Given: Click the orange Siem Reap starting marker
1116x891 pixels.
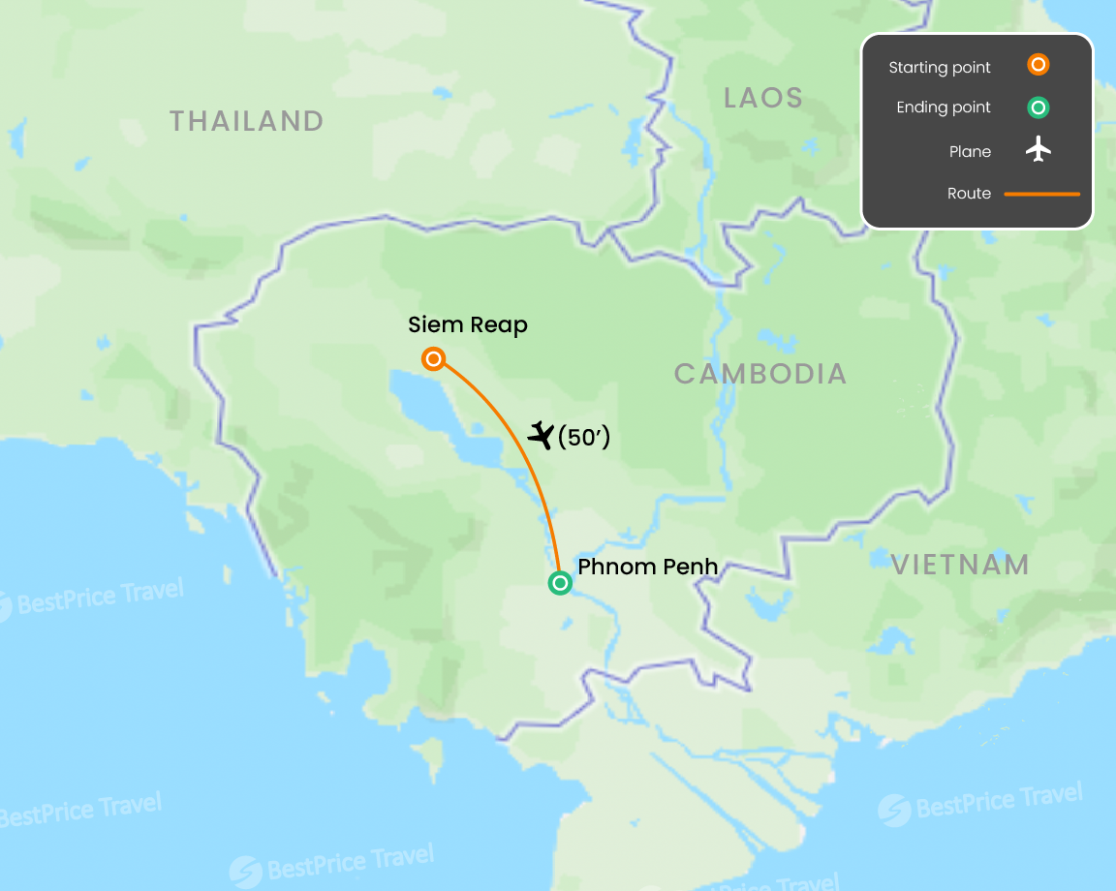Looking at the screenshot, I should pos(434,359).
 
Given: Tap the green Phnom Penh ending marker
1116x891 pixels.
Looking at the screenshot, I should pos(560,583).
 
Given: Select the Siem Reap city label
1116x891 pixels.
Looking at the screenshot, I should pos(468,324).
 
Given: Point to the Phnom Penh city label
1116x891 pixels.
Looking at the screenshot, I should pos(647,567).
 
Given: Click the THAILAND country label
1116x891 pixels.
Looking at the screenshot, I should pos(246,121).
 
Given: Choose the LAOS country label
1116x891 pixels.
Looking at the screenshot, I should pos(763,98).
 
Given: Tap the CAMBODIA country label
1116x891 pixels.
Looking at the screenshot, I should pos(760,374).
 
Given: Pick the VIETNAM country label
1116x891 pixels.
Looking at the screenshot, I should pos(960,566).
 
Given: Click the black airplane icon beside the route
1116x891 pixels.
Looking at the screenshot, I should pos(541,437).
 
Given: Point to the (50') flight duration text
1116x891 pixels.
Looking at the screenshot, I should pos(584,438).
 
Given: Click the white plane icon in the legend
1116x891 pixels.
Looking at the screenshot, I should pos(1038,150).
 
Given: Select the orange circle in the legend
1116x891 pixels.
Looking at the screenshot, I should pos(1038,66).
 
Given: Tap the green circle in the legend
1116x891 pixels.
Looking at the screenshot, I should pos(1038,108).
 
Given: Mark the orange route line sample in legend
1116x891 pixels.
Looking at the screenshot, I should pos(1041,194).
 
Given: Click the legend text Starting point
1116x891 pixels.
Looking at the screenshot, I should pos(940,68).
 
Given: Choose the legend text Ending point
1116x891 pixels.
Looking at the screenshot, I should pos(944,108).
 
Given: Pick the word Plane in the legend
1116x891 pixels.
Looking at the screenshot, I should pos(970,151).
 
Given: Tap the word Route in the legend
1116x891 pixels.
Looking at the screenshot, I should pos(969,194).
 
